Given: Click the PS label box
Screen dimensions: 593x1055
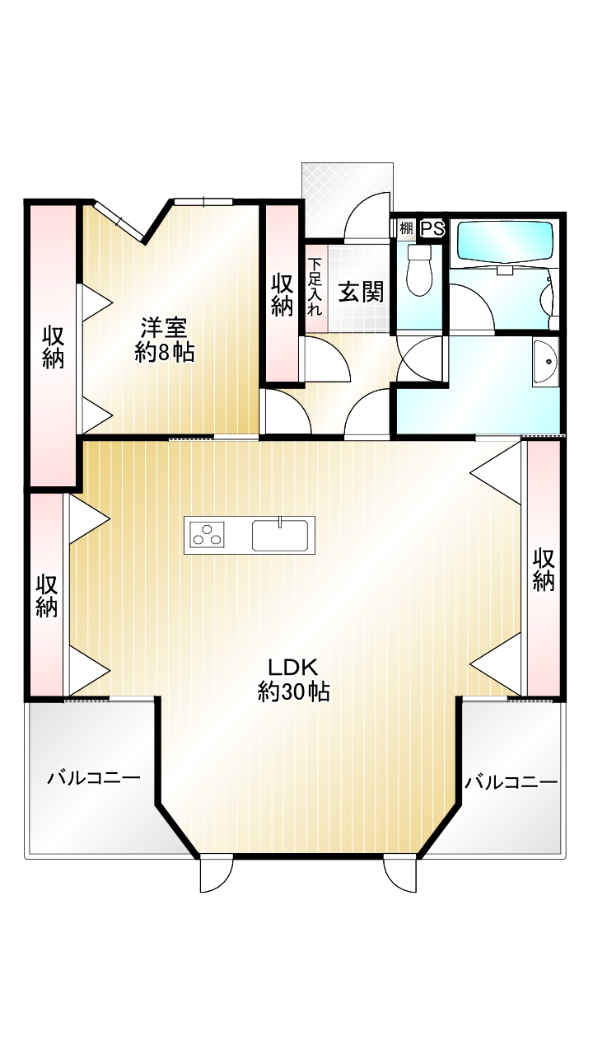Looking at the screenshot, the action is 432,229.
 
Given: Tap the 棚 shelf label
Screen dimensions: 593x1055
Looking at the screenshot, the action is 406,229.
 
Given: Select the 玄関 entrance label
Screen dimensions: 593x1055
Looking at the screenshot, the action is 362,293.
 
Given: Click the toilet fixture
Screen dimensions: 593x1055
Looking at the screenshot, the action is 420,270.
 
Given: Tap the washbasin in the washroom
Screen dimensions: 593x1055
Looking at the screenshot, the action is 545,362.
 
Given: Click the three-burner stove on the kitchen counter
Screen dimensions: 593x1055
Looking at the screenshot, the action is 207,535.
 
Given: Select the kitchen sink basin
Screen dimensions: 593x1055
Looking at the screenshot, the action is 280,535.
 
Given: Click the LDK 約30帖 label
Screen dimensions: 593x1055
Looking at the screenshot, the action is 293,680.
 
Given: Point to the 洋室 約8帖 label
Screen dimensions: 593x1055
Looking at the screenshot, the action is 165,340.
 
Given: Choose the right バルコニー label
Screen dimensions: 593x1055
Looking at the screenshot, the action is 511,782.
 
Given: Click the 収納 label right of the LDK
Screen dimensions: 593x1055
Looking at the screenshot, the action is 544,570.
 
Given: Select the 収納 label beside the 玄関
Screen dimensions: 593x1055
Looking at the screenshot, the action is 282,295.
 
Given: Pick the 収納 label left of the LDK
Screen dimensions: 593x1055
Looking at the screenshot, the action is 47,596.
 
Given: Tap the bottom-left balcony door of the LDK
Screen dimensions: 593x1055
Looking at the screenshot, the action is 216,873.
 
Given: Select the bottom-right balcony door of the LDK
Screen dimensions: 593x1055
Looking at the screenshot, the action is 400,873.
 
